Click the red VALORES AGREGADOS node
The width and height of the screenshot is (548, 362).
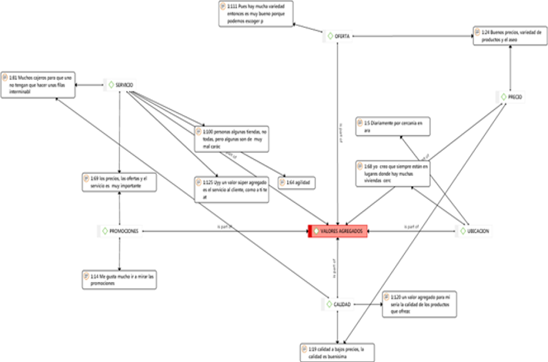pos(338,230)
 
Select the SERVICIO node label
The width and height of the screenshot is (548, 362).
pos(129,85)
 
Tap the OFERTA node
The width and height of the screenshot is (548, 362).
pos(340,35)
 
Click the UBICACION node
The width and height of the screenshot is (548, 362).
pos(476,231)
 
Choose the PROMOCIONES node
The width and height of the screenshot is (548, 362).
pos(123,231)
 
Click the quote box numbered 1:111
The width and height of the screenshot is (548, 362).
pos(256,15)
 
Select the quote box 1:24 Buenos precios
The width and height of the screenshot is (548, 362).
pos(510,36)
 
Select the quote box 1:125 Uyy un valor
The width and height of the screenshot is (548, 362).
pos(230,189)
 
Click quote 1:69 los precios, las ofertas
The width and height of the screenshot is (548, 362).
pos(119,182)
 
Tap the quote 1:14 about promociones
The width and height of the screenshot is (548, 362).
pos(119,278)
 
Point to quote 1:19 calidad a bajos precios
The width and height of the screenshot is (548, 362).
pos(338,351)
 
